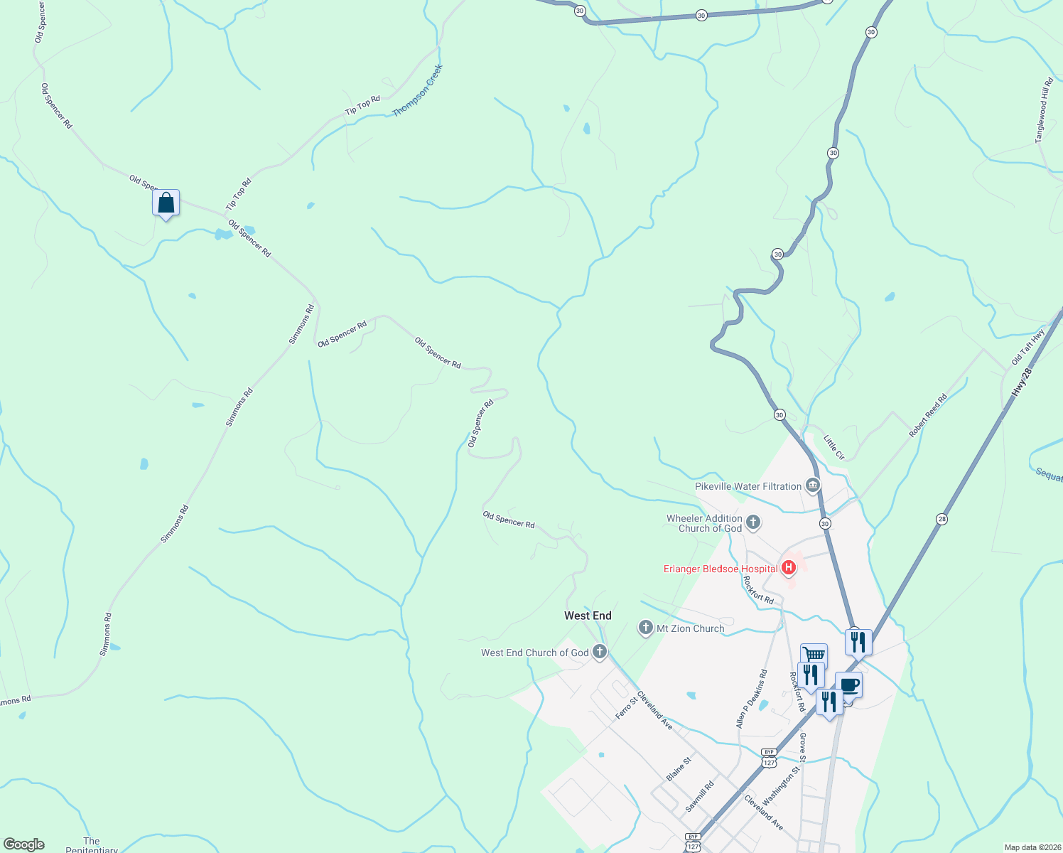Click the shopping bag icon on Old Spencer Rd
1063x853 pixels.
(166, 203)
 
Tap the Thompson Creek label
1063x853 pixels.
(418, 91)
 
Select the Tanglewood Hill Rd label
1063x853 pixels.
(1044, 110)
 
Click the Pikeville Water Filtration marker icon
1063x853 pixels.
(813, 486)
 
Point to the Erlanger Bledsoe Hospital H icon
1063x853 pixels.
(788, 568)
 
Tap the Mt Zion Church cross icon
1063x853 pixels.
(646, 628)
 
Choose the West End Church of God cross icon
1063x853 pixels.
(600, 652)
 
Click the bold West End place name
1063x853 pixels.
(588, 616)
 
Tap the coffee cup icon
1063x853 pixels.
(849, 685)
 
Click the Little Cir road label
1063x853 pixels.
(834, 447)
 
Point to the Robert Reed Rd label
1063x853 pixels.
(928, 416)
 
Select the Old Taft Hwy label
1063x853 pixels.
(1027, 348)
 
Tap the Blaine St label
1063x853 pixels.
(679, 769)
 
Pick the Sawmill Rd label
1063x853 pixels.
(699, 798)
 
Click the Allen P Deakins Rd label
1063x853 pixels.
(752, 698)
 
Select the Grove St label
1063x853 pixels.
(802, 744)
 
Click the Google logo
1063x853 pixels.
(24, 844)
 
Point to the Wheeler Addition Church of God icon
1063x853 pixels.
(753, 523)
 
